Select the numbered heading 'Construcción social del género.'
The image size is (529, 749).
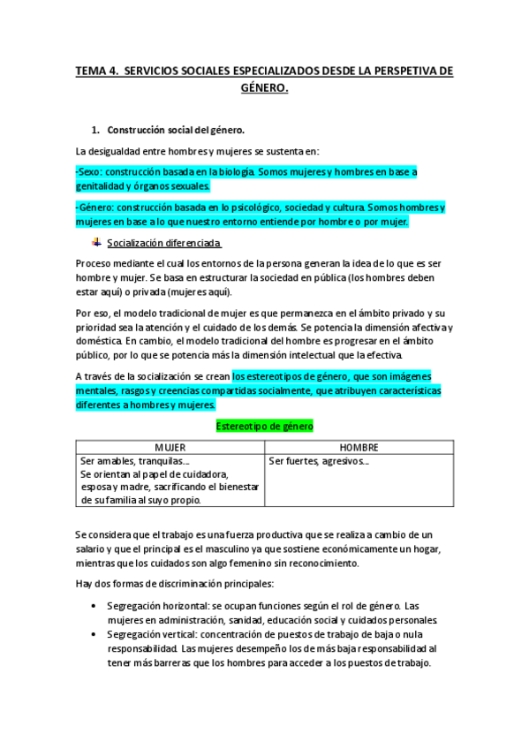(169, 130)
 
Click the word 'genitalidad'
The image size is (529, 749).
(103, 186)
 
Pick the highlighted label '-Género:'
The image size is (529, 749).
(95, 208)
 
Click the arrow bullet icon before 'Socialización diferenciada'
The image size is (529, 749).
(96, 242)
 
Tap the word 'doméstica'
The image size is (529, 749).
(98, 340)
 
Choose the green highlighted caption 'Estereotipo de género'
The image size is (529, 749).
(264, 426)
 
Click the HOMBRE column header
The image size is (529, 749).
(358, 447)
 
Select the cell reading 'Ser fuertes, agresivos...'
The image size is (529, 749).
(319, 461)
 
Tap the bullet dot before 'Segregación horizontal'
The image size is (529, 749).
(94, 606)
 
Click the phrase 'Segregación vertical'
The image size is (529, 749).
(150, 634)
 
